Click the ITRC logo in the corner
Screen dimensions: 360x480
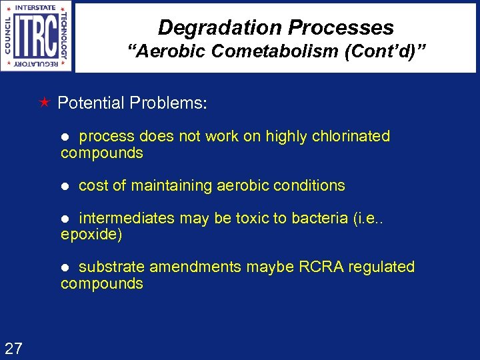click(37, 36)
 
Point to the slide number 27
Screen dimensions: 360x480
click(13, 347)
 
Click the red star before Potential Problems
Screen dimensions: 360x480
click(45, 103)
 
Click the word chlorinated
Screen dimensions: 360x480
click(348, 136)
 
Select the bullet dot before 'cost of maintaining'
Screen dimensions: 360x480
click(65, 186)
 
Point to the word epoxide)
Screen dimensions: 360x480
click(91, 235)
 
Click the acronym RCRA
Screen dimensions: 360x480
click(323, 267)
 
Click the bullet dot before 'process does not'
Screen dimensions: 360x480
click(65, 137)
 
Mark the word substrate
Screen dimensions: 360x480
click(111, 267)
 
